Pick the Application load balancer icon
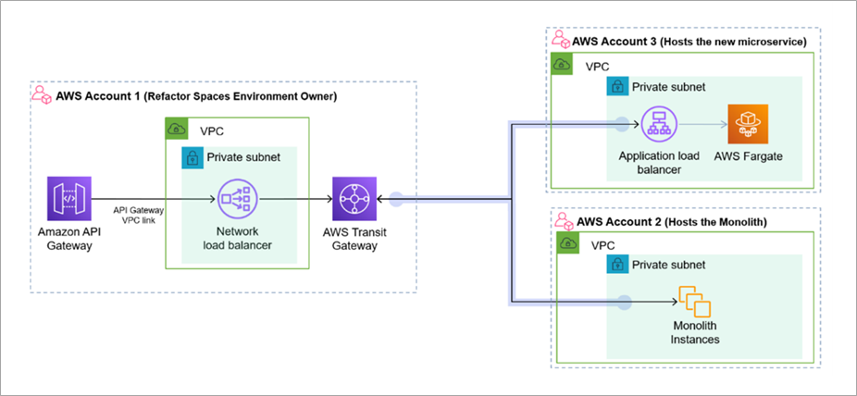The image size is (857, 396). point(660,123)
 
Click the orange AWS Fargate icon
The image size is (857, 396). point(748,123)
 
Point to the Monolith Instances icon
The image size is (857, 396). point(695,302)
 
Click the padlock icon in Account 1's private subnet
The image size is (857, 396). point(192,157)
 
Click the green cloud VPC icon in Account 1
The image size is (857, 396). point(176,129)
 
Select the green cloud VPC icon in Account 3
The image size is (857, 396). point(562,65)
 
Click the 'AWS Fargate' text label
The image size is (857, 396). point(748,155)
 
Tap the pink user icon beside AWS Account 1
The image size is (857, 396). point(41,95)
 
